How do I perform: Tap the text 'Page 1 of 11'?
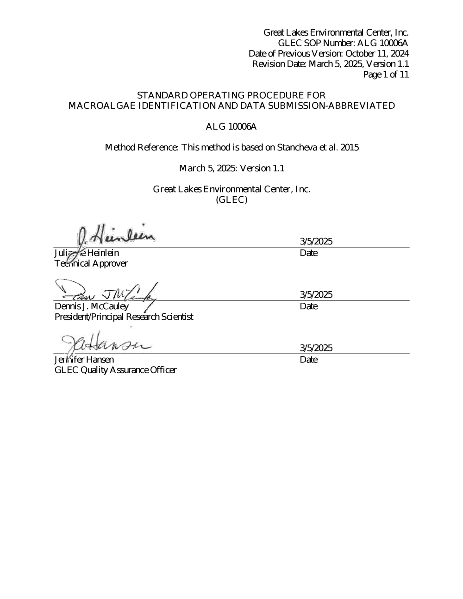[386, 75]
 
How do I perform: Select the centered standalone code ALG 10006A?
[231, 126]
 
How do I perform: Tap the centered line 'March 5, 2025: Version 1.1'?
[231, 168]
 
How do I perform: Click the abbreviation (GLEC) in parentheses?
[231, 200]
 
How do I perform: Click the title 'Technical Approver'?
[91, 264]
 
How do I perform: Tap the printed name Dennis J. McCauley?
[92, 306]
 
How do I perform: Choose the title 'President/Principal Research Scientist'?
[124, 317]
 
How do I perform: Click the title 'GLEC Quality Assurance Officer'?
[115, 370]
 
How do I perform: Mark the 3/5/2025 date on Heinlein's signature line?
[316, 241]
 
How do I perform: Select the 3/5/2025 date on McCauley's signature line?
[316, 294]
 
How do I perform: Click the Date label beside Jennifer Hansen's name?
[309, 360]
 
